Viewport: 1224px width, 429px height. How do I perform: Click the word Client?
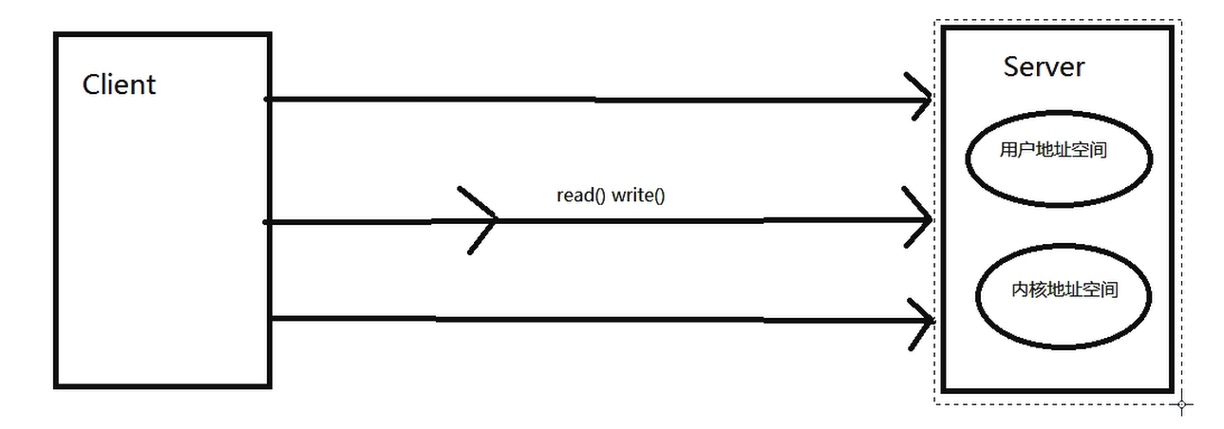(x=119, y=84)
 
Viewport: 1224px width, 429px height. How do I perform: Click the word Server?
(x=1044, y=66)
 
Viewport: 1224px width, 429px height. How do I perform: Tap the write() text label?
(x=638, y=196)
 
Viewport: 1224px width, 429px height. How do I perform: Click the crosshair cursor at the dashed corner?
(x=1181, y=404)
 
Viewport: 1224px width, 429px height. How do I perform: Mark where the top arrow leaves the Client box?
(x=271, y=98)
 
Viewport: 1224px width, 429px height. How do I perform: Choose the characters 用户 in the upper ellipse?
(x=1013, y=150)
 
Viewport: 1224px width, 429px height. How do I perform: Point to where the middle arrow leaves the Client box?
(x=272, y=221)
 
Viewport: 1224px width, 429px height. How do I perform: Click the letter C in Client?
(x=91, y=84)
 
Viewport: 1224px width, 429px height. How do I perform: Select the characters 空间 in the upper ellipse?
(x=1091, y=150)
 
